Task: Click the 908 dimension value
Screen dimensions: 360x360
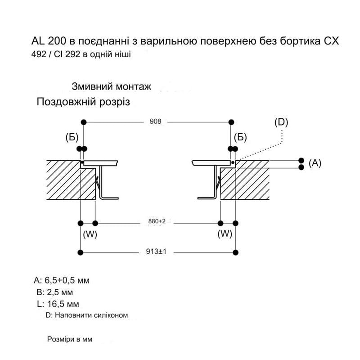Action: coord(155,121)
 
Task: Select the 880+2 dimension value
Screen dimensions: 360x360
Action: coord(157,221)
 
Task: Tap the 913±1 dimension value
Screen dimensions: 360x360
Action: coord(156,252)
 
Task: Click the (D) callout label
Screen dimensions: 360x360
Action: coord(281,122)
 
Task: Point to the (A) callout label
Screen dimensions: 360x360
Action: coord(315,163)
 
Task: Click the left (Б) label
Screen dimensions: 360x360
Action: coord(72,138)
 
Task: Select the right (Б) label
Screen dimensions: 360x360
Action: coord(240,138)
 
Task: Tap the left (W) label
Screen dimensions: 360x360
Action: coord(90,234)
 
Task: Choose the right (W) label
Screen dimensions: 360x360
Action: coord(225,234)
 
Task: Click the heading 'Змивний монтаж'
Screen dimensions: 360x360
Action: coord(112,86)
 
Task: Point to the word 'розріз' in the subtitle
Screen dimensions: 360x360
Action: coord(115,102)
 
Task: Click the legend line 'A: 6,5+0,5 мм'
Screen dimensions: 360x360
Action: coord(62,280)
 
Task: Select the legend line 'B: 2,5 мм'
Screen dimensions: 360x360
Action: coord(54,292)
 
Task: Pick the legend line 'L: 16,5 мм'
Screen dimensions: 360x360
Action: coord(58,304)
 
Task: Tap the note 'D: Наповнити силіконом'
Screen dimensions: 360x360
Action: coord(87,315)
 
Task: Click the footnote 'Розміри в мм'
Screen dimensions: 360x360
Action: coord(70,339)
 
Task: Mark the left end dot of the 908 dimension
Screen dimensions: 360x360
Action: coord(84,122)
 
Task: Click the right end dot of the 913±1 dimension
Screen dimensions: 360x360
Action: coord(235,252)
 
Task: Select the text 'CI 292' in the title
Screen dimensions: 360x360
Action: coord(67,54)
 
